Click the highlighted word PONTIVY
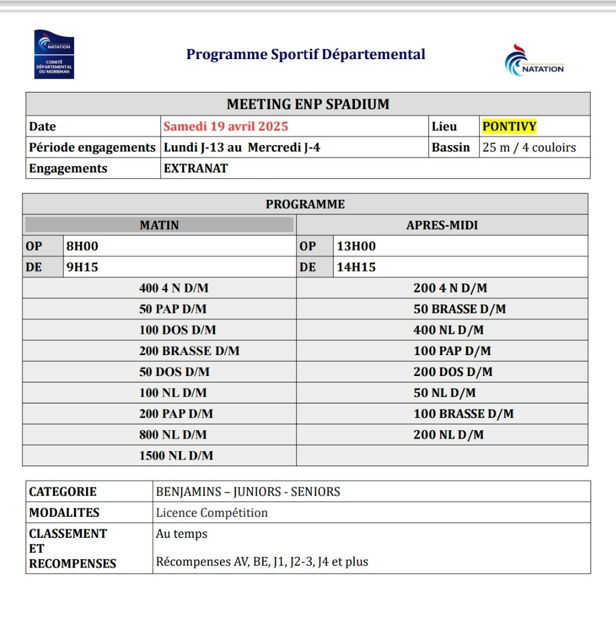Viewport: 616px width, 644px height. coord(509,127)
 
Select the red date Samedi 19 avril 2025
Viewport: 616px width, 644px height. coord(226,127)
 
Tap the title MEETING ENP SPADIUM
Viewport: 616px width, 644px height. coord(308,104)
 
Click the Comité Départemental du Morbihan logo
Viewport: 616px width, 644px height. coord(54,54)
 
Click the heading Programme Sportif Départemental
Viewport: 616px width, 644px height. coord(306,54)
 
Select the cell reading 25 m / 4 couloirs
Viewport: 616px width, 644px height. coord(529,147)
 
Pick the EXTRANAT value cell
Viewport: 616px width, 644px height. coord(195,168)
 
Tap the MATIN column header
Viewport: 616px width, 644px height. coord(159,225)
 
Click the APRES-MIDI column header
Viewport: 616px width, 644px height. coord(442,225)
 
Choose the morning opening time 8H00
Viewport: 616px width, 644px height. coord(82,246)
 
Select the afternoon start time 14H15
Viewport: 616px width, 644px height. coord(356,267)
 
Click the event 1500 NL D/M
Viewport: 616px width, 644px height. coord(176,455)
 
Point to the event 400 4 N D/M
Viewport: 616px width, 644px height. coord(174,288)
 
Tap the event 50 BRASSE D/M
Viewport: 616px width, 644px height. coord(459,309)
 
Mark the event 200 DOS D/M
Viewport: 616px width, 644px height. coord(453,372)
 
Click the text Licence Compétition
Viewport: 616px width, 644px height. coord(212,513)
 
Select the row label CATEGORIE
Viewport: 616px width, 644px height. coord(63,492)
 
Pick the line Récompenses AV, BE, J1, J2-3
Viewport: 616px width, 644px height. coord(262,562)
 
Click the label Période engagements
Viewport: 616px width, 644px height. coord(92,147)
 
